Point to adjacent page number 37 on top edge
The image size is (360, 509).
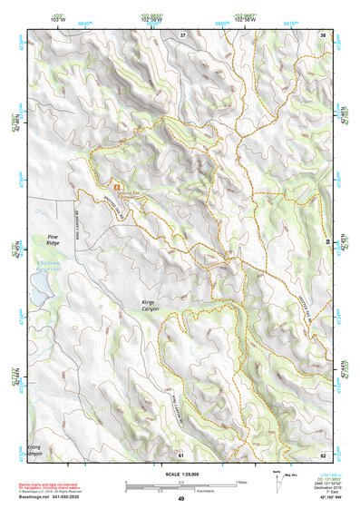coord(181,34)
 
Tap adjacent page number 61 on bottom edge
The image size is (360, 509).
coord(180,453)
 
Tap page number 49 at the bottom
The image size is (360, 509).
coord(180,498)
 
